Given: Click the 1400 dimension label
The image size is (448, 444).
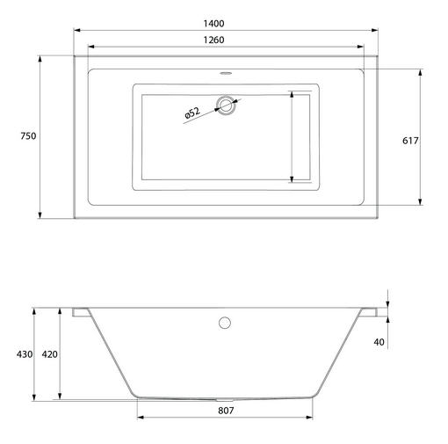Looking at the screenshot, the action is coord(213,24).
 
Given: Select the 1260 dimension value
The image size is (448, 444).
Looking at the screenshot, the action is coord(213,40).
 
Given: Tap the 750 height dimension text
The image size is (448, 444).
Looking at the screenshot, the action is coord(28,136).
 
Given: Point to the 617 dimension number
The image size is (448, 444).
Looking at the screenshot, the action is coord(410,141).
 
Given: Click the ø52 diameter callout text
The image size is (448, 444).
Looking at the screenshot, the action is coord(192,113).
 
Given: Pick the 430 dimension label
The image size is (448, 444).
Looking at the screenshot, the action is coord(25,354).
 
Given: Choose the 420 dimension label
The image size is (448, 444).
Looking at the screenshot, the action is coord(49,354).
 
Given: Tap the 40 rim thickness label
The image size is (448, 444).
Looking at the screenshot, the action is coord(379,342).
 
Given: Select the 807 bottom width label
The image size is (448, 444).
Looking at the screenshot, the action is coord(226,411).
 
